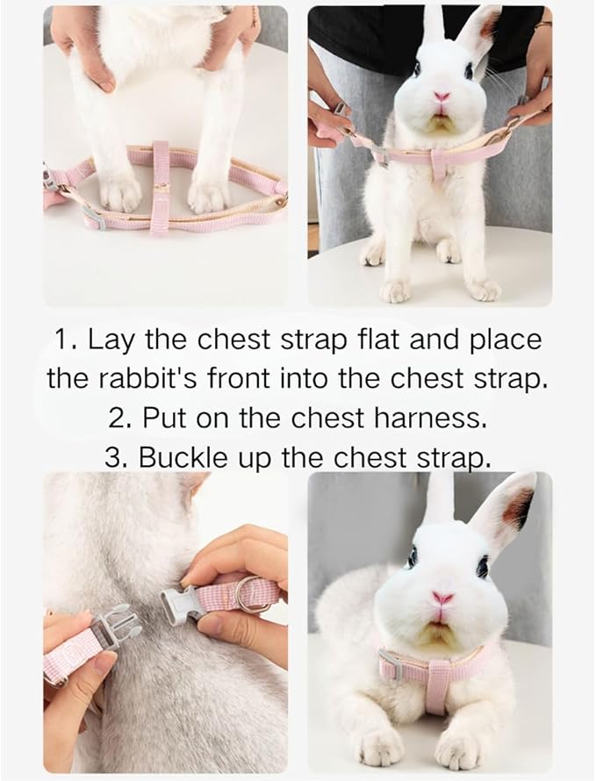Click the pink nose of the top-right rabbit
click(x=442, y=97)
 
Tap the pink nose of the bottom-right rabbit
click(x=442, y=598)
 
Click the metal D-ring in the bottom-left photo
click(x=253, y=593)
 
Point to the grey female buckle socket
click(x=177, y=602)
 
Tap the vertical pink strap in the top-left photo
click(x=161, y=186)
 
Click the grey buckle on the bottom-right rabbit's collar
click(x=392, y=665)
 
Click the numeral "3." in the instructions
click(x=118, y=457)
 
